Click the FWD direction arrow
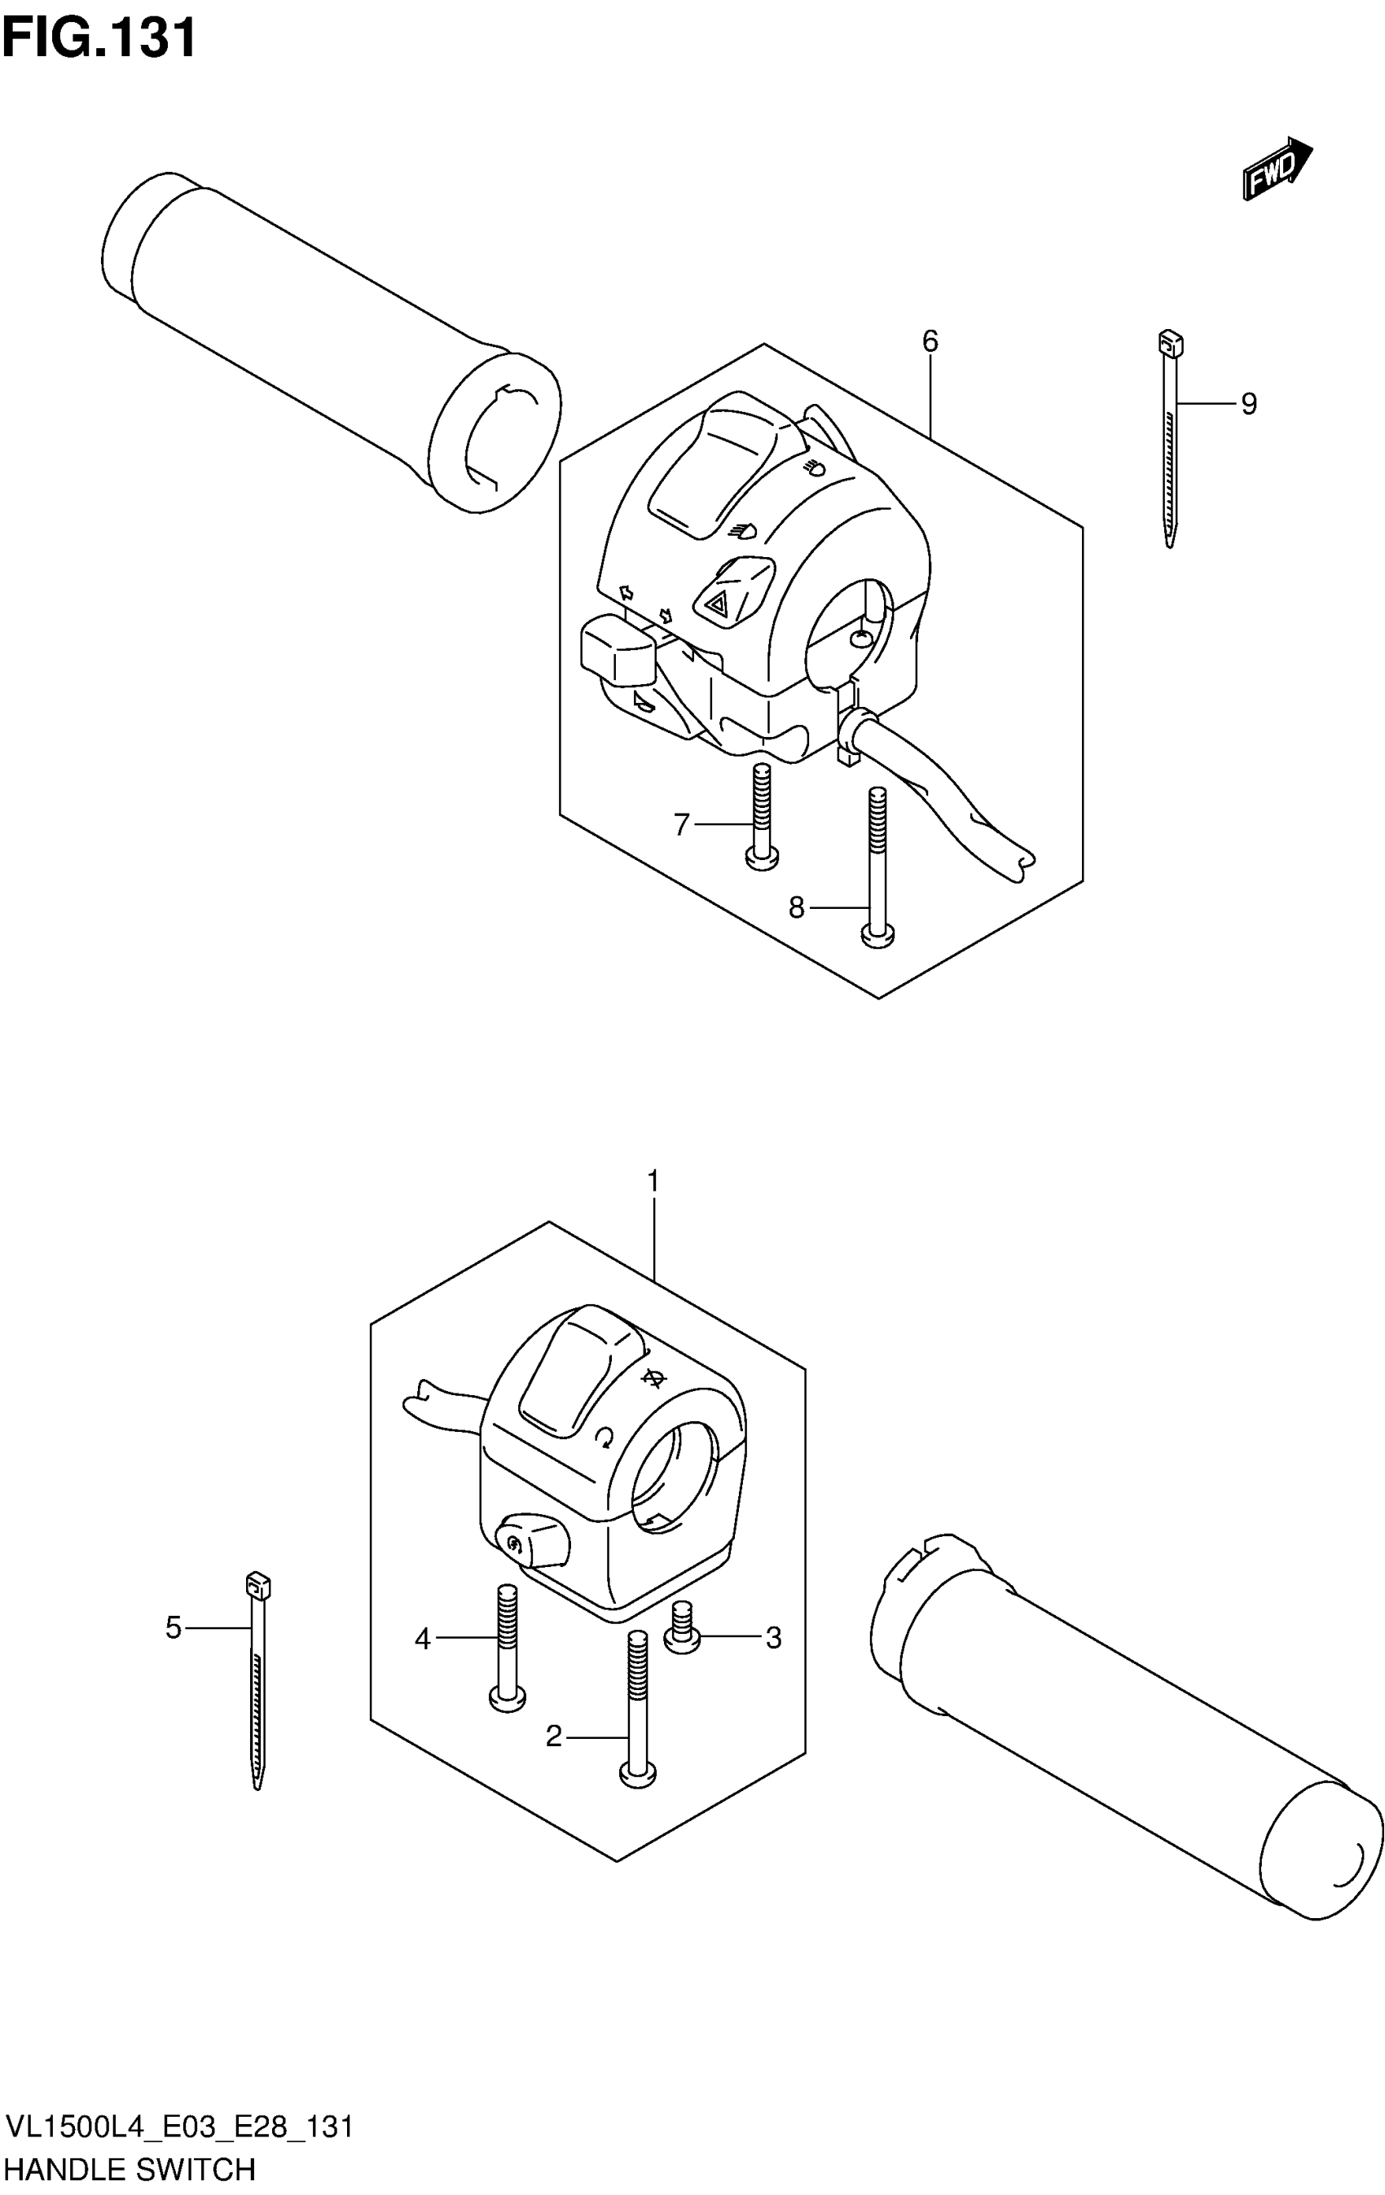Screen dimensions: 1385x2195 pyautogui.click(x=1277, y=168)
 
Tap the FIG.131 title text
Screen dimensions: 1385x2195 pyautogui.click(x=99, y=38)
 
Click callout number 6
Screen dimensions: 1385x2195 pyautogui.click(x=929, y=341)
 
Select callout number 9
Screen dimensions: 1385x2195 pyautogui.click(x=1248, y=403)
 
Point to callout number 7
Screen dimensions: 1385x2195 pyautogui.click(x=681, y=824)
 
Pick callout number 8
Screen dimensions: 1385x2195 pyautogui.click(x=796, y=907)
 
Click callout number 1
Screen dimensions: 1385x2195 pyautogui.click(x=652, y=1181)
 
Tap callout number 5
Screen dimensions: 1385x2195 pyautogui.click(x=174, y=1627)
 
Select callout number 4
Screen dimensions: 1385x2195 pyautogui.click(x=422, y=1639)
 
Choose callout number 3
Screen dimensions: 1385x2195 pyautogui.click(x=773, y=1638)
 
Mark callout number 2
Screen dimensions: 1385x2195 pyautogui.click(x=553, y=1737)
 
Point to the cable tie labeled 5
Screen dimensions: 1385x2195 pyautogui.click(x=258, y=1677)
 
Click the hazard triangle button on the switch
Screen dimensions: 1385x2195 pyautogui.click(x=718, y=602)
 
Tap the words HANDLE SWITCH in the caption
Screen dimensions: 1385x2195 pyautogui.click(x=130, y=2170)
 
